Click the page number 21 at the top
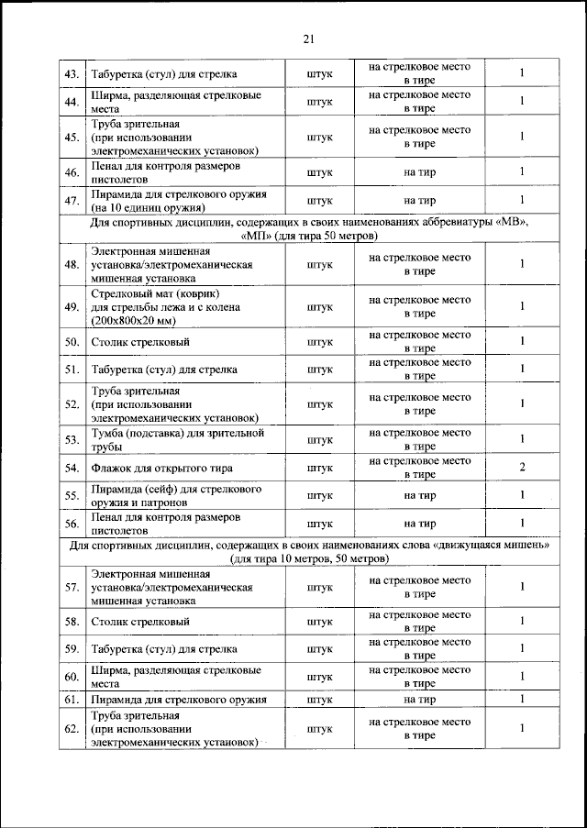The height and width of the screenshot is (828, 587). tap(308, 38)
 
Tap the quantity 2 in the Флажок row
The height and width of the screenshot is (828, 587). tap(521, 468)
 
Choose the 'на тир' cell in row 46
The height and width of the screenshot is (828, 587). tap(419, 171)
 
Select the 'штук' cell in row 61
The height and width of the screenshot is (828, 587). tap(319, 700)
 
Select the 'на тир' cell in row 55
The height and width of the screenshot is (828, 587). tap(419, 495)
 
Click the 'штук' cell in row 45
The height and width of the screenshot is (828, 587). tap(319, 138)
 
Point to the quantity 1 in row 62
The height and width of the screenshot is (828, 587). tap(521, 728)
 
